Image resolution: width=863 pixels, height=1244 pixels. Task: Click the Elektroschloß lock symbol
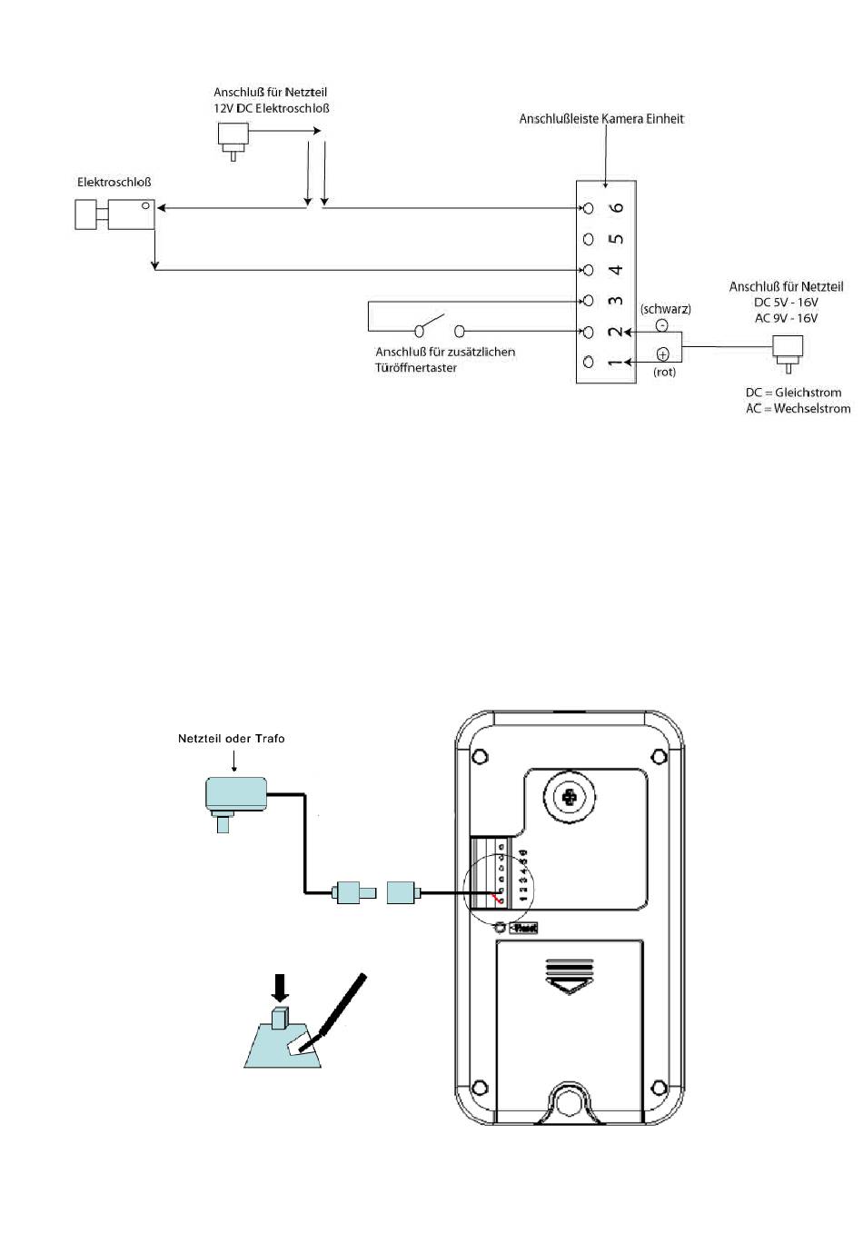[x=114, y=214]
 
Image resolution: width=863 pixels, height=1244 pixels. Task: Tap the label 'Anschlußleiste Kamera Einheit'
[x=601, y=119]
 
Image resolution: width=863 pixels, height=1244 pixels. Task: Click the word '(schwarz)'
[x=665, y=309]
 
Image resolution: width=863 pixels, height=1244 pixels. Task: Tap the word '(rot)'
[x=665, y=372]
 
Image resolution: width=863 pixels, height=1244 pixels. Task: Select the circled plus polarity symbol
[x=662, y=354]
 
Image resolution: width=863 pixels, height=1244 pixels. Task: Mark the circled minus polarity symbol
[x=661, y=325]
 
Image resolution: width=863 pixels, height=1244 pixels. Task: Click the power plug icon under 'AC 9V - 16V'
[x=787, y=351]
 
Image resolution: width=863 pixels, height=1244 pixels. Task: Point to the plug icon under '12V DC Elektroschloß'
[x=233, y=138]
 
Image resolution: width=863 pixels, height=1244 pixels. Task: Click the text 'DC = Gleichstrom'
[x=793, y=393]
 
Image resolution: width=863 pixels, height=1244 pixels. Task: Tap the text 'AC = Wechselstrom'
[x=798, y=409]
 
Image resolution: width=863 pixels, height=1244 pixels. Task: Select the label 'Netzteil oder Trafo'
[x=231, y=739]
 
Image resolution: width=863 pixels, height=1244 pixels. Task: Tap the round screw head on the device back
[x=570, y=797]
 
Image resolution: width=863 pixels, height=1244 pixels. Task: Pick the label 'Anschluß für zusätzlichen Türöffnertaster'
[x=445, y=359]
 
